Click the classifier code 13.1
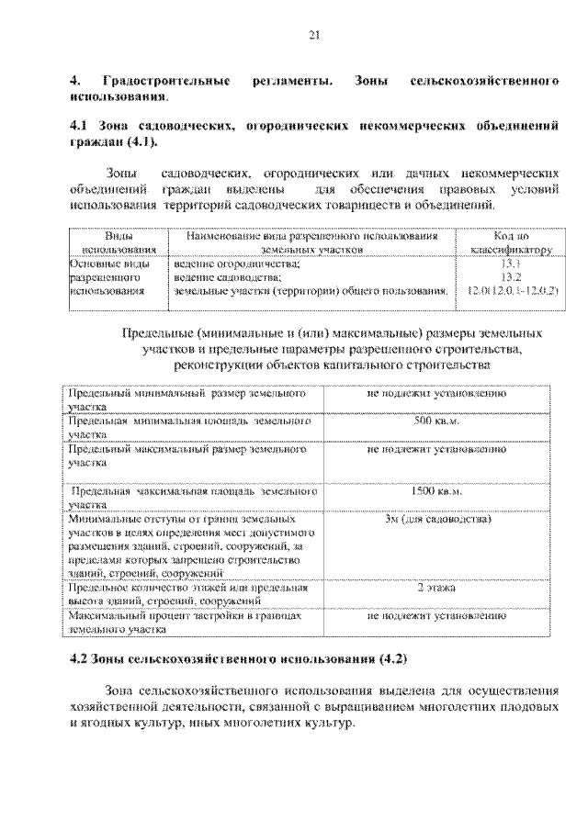[511, 262]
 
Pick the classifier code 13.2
[511, 275]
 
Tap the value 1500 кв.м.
[436, 492]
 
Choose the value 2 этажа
[436, 586]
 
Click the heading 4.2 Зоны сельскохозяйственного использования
[239, 660]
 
